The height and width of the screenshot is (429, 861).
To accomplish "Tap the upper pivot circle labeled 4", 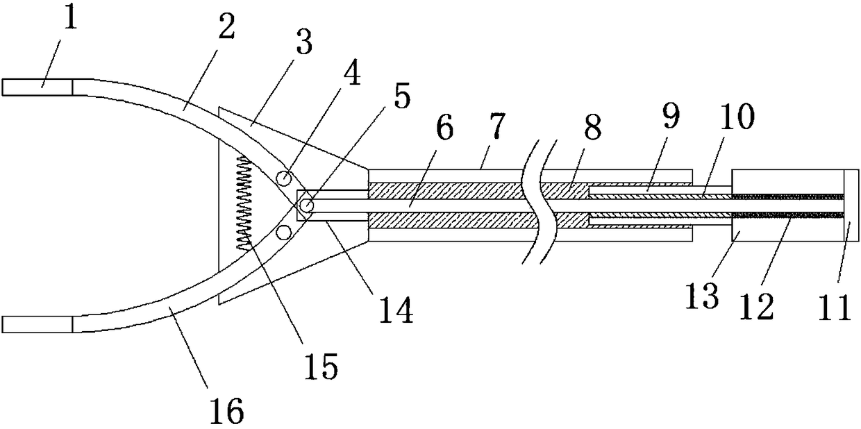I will (283, 178).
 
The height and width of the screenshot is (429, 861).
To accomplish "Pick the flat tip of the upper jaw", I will (37, 87).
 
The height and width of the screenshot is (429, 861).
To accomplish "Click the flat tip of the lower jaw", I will (37, 324).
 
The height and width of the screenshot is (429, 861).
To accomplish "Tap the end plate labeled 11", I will (851, 205).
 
